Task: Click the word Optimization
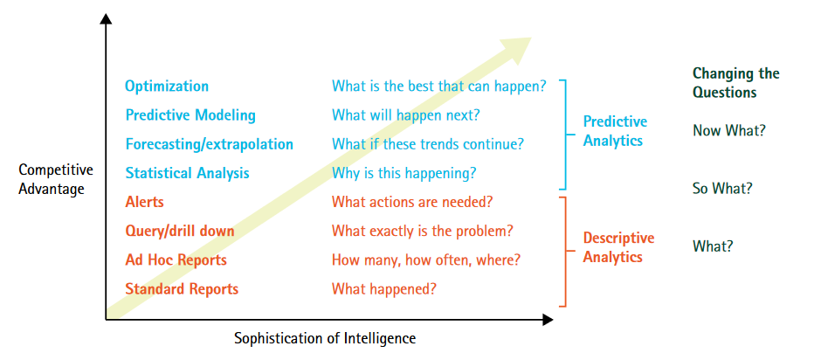coord(167,87)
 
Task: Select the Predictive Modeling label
coord(190,115)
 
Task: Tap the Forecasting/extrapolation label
coord(209,144)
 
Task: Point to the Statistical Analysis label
coord(187,173)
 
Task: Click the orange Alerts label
coord(144,202)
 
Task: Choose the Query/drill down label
coord(179,231)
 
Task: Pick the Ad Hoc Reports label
coord(176,260)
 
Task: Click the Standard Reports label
coord(182,288)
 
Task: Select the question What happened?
coord(384,288)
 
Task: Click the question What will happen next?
coord(405,115)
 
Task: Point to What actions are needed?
coord(412,202)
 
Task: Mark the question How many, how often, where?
coord(426,260)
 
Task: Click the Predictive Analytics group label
coord(615,131)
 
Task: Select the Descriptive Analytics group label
coord(618,247)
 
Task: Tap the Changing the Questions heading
coord(735,83)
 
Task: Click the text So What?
coord(722,188)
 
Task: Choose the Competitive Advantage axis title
coord(56,179)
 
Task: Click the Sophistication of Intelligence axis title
coord(325,338)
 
